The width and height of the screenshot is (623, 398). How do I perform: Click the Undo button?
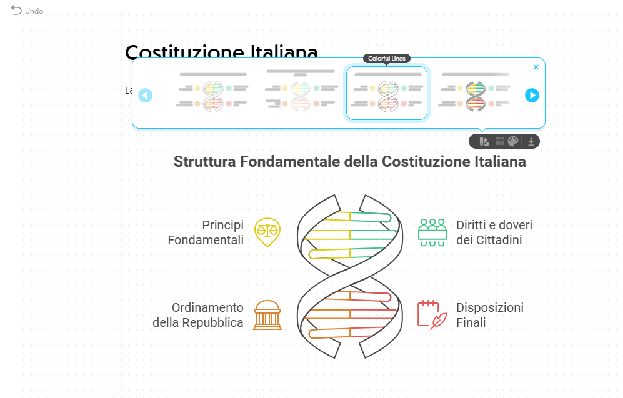[x=26, y=11]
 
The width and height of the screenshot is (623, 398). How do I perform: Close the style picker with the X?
[x=536, y=67]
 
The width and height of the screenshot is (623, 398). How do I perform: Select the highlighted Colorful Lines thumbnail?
[x=387, y=93]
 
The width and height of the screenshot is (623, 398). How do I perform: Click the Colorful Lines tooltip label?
[x=387, y=59]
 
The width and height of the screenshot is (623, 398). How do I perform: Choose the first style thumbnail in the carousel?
[x=212, y=93]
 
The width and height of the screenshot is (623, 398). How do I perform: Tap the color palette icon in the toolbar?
[x=513, y=141]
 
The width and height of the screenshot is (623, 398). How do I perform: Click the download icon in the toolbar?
[x=531, y=141]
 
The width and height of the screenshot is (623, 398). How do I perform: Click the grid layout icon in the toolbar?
[x=499, y=141]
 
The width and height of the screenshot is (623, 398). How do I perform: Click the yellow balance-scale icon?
[x=267, y=232]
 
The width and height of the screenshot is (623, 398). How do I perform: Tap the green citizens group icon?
[x=432, y=232]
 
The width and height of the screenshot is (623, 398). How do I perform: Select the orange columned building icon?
[x=267, y=315]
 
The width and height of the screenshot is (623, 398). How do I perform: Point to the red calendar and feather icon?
[x=432, y=315]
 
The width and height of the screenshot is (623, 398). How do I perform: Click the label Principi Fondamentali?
[x=206, y=232]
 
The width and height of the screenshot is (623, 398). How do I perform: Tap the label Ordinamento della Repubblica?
[x=198, y=315]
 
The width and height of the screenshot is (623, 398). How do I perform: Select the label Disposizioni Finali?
[x=490, y=315]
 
